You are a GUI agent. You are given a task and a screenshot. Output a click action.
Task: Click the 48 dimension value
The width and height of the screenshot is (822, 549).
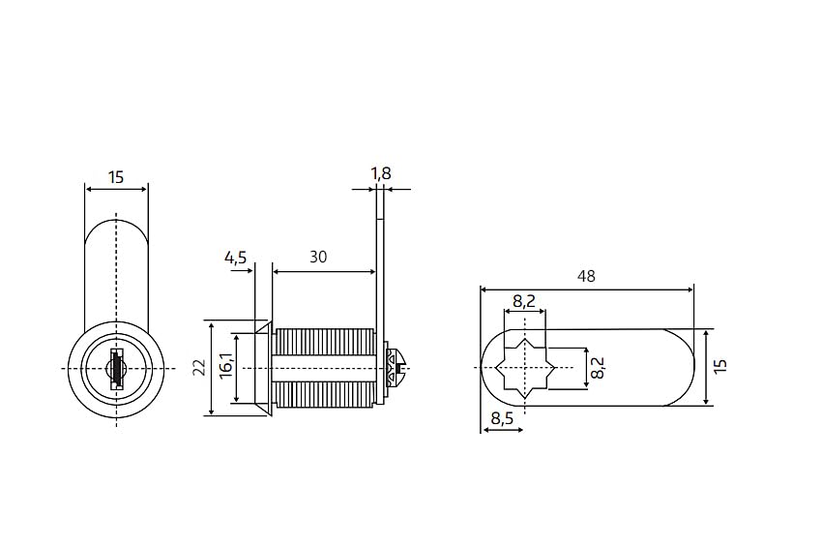(586, 276)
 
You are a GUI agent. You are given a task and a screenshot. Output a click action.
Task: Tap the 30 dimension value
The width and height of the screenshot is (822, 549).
(318, 258)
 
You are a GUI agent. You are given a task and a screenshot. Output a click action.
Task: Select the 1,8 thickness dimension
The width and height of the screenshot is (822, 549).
(381, 173)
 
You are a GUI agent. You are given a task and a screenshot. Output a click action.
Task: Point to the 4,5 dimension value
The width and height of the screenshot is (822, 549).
(235, 258)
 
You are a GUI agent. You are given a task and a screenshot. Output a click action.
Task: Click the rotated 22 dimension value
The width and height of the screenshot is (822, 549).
(199, 367)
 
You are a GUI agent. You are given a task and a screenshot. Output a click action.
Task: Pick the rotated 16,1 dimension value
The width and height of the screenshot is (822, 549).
(226, 366)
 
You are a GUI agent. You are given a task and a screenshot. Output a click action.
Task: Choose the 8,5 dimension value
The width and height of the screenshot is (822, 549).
(502, 418)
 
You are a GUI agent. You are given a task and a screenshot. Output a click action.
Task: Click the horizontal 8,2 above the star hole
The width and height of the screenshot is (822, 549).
(524, 301)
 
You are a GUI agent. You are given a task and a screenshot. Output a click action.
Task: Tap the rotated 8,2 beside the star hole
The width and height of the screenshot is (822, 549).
(597, 367)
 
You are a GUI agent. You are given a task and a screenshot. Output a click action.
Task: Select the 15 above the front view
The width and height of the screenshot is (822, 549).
(116, 177)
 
